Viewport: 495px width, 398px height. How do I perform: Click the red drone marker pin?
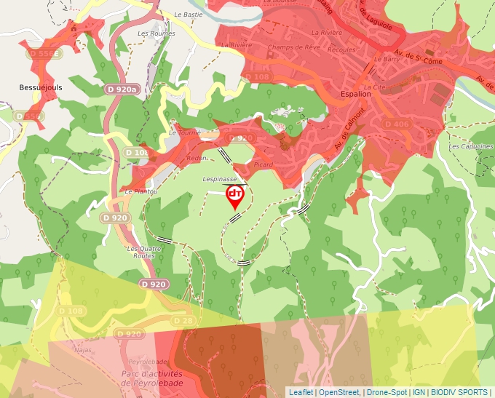[235, 195]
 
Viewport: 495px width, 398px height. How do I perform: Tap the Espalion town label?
[355, 95]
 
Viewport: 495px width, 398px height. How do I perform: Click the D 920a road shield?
[122, 89]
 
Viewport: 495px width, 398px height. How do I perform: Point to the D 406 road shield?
[397, 124]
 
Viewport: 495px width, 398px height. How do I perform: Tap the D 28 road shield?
[183, 320]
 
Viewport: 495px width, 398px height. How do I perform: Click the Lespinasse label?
[220, 178]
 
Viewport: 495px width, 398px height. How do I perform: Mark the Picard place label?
[264, 164]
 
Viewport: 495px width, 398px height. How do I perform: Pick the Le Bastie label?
[188, 14]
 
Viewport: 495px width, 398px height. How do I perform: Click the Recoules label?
[341, 50]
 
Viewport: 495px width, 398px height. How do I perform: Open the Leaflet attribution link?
[301, 392]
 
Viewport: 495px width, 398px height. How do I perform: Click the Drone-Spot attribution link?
[387, 392]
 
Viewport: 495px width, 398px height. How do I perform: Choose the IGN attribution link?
[419, 392]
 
